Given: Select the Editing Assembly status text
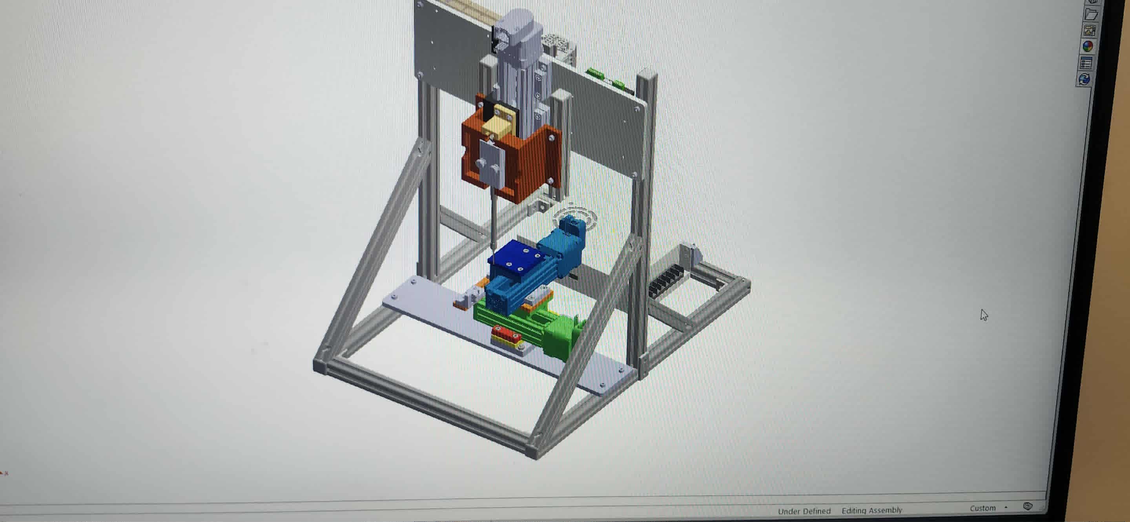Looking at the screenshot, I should (x=871, y=510).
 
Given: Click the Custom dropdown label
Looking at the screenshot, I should (x=982, y=508).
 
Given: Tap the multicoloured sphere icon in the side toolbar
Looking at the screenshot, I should (x=1088, y=46).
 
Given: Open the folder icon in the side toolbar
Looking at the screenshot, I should (x=1090, y=15).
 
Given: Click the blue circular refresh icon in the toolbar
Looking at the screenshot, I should (x=1084, y=79).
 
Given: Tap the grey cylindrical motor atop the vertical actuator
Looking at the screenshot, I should (x=518, y=31).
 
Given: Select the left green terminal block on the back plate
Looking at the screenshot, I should (x=595, y=72).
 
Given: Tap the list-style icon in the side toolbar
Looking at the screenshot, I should (x=1086, y=63).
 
